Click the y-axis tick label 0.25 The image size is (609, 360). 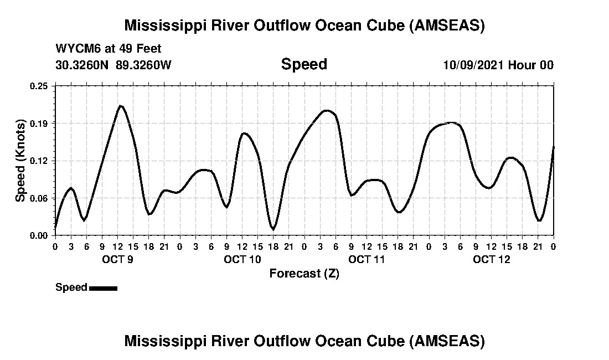coord(40,86)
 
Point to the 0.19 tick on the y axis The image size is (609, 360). coord(40,123)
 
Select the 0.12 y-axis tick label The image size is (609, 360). coord(40,161)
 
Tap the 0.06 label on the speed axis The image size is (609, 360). coord(40,198)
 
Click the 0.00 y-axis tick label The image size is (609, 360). coord(40,235)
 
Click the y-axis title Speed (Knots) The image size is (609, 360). coord(20,160)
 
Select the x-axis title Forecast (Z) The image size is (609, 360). coord(304,274)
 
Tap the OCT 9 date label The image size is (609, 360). coord(117,259)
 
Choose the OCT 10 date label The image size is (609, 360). coord(242,259)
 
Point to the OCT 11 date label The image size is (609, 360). coord(367,259)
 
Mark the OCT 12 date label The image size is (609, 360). coord(492,259)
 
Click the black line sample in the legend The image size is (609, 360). coord(103,288)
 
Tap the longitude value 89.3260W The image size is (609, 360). coord(143,65)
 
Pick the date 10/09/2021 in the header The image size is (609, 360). coord(473,65)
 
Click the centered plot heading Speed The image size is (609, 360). coord(304,64)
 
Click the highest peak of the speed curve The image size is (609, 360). coord(120,106)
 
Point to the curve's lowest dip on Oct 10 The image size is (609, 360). coord(273,229)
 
